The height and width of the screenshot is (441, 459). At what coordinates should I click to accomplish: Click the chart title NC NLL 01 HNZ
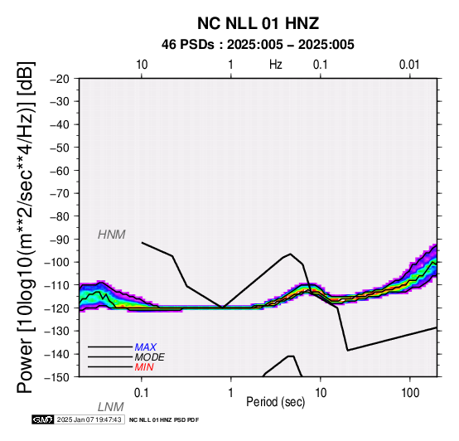click(x=258, y=23)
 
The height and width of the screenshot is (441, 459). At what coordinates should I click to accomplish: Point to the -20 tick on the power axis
click(x=60, y=79)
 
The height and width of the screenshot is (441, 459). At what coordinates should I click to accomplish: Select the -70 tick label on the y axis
click(x=60, y=193)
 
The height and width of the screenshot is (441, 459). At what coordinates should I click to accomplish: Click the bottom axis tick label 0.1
click(x=142, y=393)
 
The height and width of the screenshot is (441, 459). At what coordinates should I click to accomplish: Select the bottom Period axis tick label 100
click(x=410, y=393)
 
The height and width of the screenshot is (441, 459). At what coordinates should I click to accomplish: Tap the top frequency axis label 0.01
click(x=409, y=65)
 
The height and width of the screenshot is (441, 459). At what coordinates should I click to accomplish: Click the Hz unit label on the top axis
click(x=276, y=65)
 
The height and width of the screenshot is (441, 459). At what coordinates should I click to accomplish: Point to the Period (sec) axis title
click(x=275, y=402)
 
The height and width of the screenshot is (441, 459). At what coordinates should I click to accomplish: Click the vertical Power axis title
click(x=26, y=227)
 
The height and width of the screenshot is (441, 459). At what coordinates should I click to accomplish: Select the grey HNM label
click(x=112, y=235)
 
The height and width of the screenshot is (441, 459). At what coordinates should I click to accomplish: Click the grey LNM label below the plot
click(x=111, y=407)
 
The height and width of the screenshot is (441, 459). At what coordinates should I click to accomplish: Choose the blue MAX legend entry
click(x=146, y=347)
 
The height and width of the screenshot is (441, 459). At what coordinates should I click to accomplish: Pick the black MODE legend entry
click(x=150, y=357)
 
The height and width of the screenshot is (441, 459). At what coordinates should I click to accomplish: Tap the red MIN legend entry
click(x=144, y=367)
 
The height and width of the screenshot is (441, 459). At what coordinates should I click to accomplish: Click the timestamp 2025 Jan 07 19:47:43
click(x=89, y=419)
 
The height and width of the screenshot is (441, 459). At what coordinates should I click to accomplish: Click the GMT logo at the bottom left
click(x=43, y=419)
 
